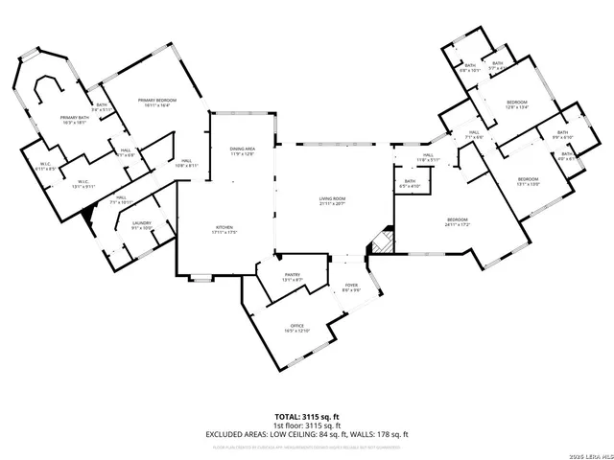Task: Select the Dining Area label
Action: click(x=242, y=150)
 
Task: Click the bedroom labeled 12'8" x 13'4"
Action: click(x=516, y=104)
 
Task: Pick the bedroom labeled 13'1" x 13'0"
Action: click(x=529, y=182)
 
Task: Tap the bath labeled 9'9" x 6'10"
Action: click(x=562, y=134)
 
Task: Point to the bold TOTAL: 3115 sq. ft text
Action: click(x=307, y=416)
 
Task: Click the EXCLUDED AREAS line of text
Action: click(x=307, y=434)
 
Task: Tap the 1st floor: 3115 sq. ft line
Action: click(x=307, y=425)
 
